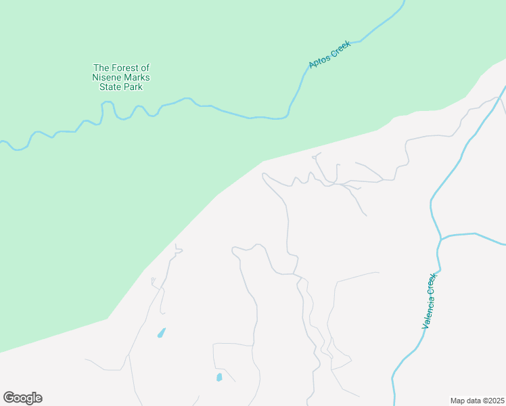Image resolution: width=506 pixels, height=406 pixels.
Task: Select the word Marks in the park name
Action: pos(136,77)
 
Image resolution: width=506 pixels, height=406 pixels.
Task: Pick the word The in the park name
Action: pos(101,68)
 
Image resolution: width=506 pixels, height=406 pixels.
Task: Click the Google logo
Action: pos(22,398)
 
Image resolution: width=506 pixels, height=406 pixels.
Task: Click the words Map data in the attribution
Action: pos(465,400)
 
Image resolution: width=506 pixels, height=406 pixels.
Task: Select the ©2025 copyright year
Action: pos(492,400)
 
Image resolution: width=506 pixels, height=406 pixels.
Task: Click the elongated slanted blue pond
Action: pos(162,333)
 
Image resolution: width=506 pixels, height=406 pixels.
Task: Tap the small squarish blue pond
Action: pos(218,378)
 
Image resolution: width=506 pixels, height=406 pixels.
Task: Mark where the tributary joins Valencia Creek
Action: pos(440,238)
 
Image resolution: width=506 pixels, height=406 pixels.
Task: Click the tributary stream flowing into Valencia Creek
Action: pos(474,235)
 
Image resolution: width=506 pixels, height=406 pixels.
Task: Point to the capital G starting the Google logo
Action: pos(9,398)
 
